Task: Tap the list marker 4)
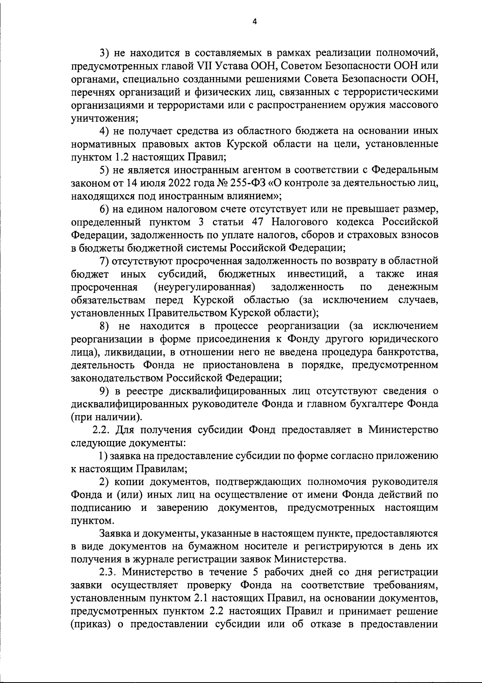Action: [x=105, y=131]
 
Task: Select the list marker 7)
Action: [x=105, y=261]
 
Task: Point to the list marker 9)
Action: [x=105, y=391]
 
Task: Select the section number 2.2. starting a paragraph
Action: [x=102, y=430]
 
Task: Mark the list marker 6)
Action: [x=105, y=209]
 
